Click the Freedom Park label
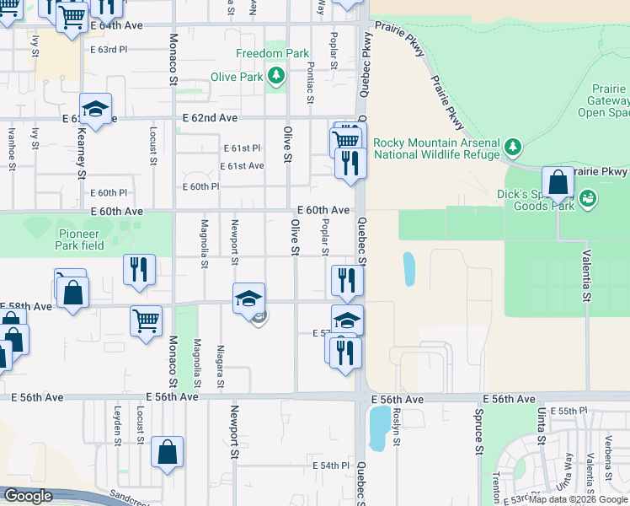point(272,53)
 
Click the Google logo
point(27,496)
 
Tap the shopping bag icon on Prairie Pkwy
point(558,182)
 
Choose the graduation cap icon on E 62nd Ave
point(96,109)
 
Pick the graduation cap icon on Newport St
point(248,299)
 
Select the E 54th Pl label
point(330,466)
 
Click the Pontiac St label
point(311,83)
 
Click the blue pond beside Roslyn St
point(380,428)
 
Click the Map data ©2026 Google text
point(579,499)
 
